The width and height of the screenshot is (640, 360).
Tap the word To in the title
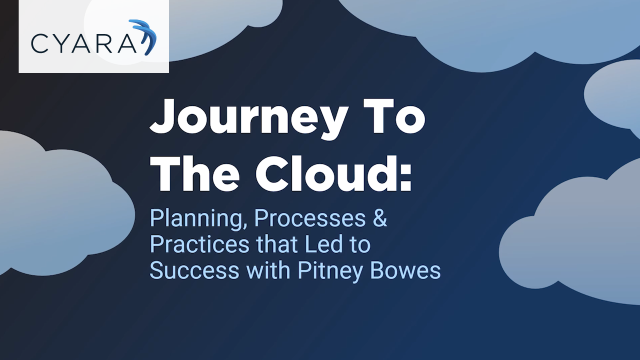tap(395, 116)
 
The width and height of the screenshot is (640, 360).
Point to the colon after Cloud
tap(405, 177)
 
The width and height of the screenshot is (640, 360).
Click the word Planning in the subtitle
tap(198, 219)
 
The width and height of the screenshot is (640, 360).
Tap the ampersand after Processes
tap(380, 219)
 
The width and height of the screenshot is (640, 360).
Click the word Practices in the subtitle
tap(199, 244)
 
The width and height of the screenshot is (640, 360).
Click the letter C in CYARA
tap(39, 43)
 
